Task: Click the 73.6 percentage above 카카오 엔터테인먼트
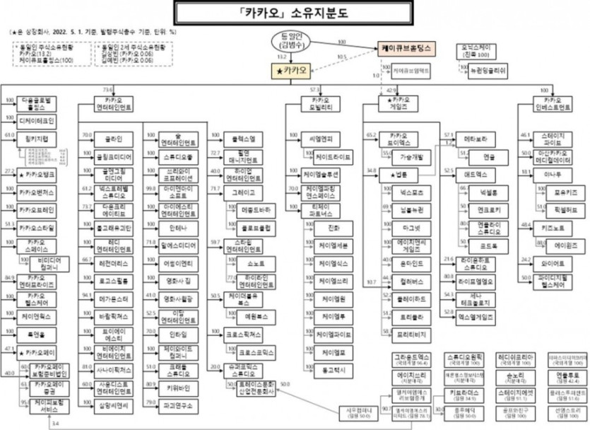pos(108,91)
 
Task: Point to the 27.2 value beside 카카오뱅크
pos(10,171)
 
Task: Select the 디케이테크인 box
pos(35,121)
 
